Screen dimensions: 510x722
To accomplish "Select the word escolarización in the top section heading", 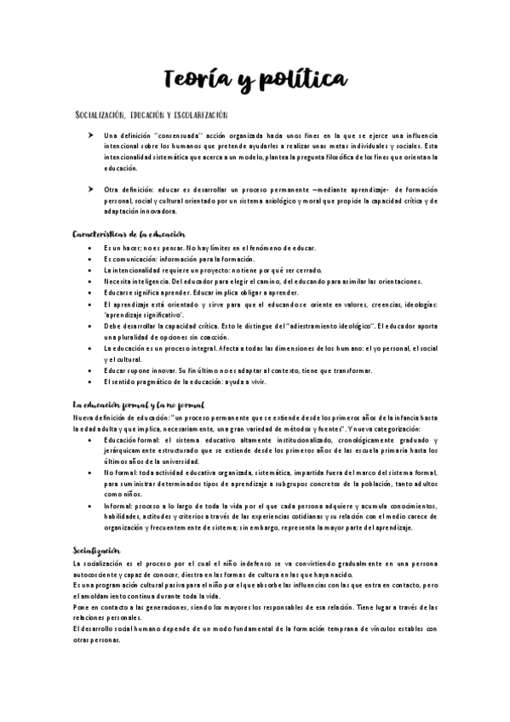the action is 198,114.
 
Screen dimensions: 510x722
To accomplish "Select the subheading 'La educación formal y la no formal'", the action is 138,404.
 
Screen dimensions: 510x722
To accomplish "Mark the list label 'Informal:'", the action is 118,506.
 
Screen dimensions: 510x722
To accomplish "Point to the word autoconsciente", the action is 100,575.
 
